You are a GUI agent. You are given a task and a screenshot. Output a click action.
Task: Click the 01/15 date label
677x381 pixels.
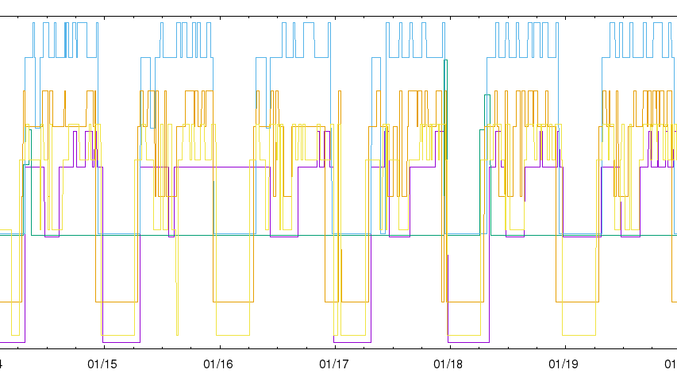coord(103,364)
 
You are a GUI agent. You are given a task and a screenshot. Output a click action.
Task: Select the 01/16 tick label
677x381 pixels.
coord(219,364)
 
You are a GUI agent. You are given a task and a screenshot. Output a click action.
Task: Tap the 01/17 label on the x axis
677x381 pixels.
coord(334,364)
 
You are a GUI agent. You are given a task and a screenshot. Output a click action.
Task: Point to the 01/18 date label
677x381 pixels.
coord(449,364)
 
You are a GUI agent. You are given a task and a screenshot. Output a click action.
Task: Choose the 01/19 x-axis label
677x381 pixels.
coord(564,364)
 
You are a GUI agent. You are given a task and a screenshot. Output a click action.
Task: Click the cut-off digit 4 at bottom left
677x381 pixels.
coord(2,364)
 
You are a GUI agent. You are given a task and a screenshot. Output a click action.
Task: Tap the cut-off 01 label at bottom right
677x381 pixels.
coord(671,364)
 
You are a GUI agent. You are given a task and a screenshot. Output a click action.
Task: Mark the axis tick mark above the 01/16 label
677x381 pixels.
coord(219,344)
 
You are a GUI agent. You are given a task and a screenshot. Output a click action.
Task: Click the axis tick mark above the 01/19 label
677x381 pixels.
coord(564,344)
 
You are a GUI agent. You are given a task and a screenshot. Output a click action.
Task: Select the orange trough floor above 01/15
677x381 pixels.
coord(117,302)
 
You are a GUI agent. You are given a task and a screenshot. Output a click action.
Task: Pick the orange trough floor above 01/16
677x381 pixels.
coord(233,302)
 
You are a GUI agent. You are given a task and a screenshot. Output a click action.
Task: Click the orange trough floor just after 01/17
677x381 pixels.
coord(354,302)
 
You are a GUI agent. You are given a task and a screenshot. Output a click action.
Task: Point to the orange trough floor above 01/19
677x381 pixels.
coord(577,302)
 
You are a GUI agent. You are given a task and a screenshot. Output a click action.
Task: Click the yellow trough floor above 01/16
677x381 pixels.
coord(231,334)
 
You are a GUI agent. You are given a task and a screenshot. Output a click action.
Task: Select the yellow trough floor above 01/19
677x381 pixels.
coord(579,334)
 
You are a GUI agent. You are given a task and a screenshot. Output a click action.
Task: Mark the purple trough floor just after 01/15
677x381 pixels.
coord(121,341)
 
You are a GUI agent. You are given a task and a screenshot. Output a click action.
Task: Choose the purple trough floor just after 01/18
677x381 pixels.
coord(468,341)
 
